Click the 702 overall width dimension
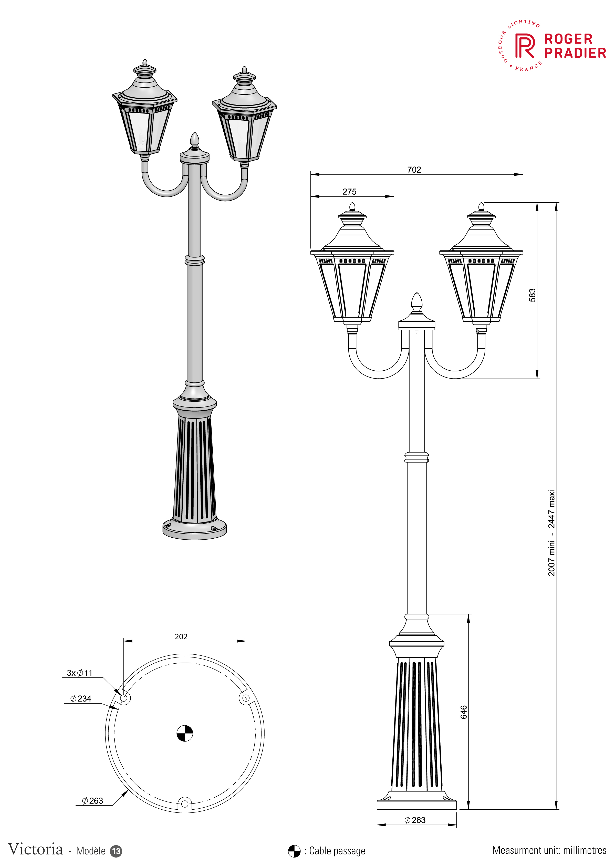414,170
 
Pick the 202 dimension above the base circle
181,636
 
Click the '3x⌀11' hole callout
79,673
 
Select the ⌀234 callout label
81,698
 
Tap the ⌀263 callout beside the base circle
92,801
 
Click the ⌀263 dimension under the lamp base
415,820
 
